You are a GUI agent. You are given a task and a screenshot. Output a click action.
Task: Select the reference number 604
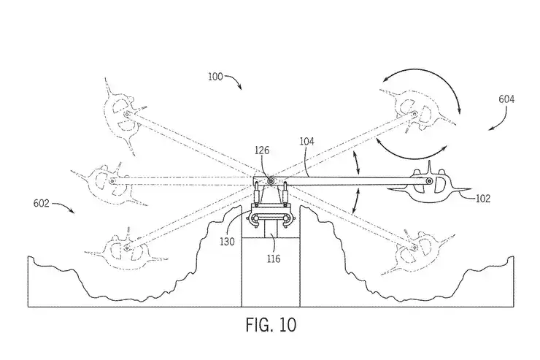click(505, 99)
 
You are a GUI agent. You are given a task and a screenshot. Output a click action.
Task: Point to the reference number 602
click(42, 204)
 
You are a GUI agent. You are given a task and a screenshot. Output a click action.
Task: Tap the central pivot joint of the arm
click(271, 180)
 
